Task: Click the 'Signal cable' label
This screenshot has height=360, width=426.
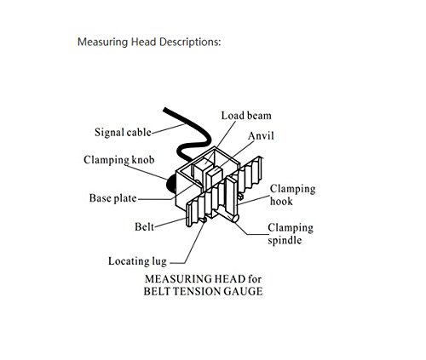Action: [x=123, y=132]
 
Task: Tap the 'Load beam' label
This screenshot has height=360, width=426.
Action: [x=246, y=116]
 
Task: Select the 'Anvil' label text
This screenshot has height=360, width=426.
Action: [x=261, y=135]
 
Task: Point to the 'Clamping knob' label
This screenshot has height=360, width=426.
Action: [x=119, y=160]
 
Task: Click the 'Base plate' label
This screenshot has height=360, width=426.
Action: [x=112, y=198]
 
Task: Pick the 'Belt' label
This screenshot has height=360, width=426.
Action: [x=144, y=226]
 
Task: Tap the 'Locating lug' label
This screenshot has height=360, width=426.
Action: [x=137, y=261]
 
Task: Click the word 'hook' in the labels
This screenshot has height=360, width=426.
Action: [x=281, y=201]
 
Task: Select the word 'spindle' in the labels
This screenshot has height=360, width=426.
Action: [x=285, y=241]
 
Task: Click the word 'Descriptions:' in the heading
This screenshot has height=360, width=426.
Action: [x=190, y=42]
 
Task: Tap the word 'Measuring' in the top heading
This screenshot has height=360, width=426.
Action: [x=103, y=43]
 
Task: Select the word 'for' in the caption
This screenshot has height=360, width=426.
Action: [x=255, y=279]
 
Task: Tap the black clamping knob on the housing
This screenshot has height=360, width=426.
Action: [x=170, y=185]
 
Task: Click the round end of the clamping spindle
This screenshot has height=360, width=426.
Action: [x=235, y=219]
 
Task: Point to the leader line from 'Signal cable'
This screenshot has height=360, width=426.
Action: [x=169, y=129]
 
